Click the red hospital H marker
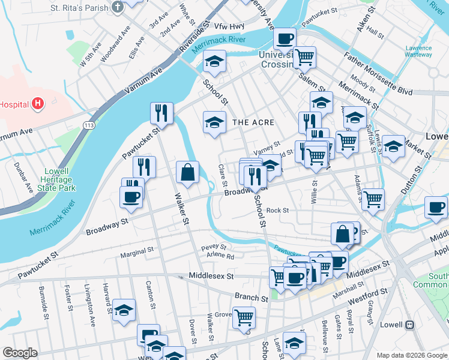point(38,104)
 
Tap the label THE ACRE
point(253,122)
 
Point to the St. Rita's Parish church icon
point(118,8)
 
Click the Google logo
point(20,353)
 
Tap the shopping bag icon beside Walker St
point(188,172)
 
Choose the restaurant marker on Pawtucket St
point(161,112)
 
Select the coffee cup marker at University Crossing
point(285,38)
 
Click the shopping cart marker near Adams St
point(373,199)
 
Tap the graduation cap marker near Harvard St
point(124,310)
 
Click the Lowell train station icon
point(410,325)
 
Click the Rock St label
point(278,211)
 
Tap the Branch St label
point(251,298)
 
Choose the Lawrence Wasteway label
point(418,51)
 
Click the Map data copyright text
point(412,355)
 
